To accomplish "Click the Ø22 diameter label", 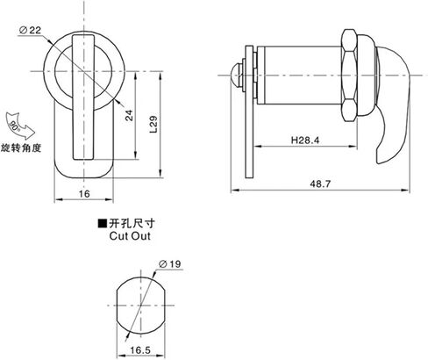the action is (x=30, y=30).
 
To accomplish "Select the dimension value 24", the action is (x=129, y=115).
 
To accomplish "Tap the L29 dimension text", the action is (x=153, y=125).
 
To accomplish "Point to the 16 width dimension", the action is (x=84, y=194).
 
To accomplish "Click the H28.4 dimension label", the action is (x=305, y=140).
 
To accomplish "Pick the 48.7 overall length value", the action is (x=320, y=184).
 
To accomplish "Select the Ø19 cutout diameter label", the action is (x=170, y=264).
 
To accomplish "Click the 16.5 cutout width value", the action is (x=140, y=350).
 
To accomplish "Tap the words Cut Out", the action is (x=130, y=236).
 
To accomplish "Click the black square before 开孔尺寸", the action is (x=102, y=224).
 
